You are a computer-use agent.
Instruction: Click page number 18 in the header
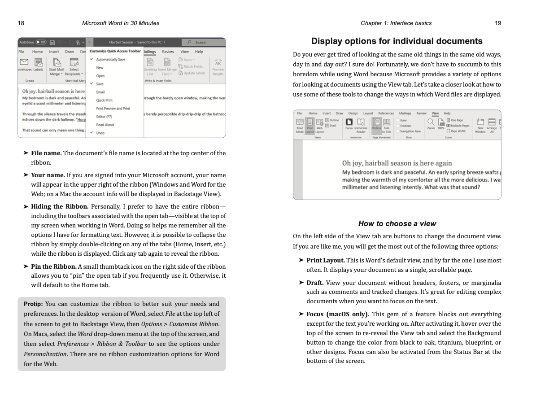(21, 23)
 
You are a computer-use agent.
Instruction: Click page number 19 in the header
(498, 23)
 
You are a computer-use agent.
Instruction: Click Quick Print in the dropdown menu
(104, 100)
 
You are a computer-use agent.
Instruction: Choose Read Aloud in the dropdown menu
(105, 125)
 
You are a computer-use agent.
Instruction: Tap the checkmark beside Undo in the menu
(92, 133)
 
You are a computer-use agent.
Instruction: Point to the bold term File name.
(46, 153)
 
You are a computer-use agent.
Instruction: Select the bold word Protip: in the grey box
(33, 304)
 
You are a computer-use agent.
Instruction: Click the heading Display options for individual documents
(397, 41)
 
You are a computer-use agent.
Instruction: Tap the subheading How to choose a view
(397, 223)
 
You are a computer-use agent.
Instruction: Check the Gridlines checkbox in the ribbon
(398, 126)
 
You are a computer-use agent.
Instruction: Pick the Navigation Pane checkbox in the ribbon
(398, 131)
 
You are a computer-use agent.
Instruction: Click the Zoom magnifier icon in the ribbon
(431, 122)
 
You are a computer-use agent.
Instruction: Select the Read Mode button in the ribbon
(300, 122)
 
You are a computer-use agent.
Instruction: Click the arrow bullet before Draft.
(301, 283)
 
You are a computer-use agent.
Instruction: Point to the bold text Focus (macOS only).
(338, 314)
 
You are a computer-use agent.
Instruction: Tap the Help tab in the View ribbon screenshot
(447, 114)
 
